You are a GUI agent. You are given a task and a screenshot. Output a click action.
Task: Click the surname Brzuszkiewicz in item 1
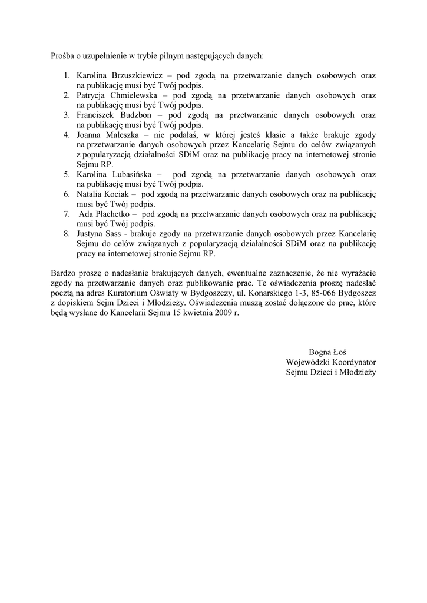(x=133, y=76)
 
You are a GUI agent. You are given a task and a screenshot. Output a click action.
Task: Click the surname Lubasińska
(x=131, y=174)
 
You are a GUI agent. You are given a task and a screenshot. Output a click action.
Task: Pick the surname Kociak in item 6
(x=116, y=194)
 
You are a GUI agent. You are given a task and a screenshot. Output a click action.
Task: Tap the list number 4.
(x=67, y=135)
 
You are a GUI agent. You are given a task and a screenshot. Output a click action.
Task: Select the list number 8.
(x=67, y=234)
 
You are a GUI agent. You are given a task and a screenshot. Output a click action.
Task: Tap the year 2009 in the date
(x=223, y=313)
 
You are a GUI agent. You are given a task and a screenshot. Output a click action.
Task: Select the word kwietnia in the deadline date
(x=194, y=313)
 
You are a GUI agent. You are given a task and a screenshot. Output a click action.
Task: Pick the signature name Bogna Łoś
(x=330, y=352)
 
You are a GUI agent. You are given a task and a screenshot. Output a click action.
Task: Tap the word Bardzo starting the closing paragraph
(x=64, y=274)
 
